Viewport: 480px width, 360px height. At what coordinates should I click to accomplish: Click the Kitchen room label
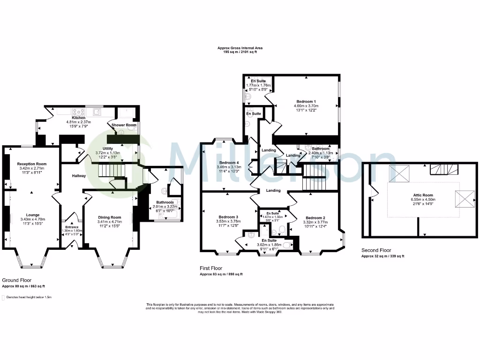(78, 118)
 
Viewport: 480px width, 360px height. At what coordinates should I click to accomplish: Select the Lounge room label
(32, 214)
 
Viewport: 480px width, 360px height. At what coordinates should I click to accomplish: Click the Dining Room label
(109, 217)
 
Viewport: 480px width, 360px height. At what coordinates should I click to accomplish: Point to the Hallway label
(79, 176)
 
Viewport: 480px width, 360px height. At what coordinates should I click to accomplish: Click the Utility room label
(108, 149)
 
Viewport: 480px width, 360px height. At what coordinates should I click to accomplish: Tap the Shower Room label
(124, 125)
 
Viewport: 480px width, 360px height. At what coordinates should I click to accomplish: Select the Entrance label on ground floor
(72, 227)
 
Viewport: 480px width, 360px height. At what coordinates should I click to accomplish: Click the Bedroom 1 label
(306, 102)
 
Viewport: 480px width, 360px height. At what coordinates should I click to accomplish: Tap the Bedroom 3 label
(228, 217)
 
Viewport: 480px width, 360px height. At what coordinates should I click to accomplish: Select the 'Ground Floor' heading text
(15, 279)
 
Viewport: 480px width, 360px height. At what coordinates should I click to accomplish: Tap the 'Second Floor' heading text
(376, 250)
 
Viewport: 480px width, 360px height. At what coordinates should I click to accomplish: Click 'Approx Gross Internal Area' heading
(240, 48)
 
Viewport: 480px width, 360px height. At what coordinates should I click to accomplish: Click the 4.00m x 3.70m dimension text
(306, 106)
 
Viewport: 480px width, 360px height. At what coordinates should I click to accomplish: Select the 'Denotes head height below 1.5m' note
(29, 297)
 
